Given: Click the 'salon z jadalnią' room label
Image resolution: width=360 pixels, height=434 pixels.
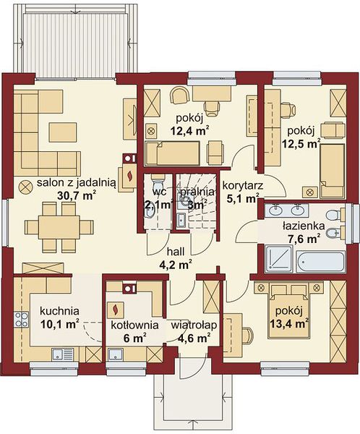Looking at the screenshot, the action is coord(77,183).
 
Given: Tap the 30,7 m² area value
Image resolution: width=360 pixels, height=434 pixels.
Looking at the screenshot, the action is coord(77,195).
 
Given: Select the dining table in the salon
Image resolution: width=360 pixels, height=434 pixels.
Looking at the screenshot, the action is coord(59,227).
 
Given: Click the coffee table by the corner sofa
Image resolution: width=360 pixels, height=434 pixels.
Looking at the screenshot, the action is coord(63,132).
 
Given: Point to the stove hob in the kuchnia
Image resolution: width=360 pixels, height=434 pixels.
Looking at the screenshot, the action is coord(22,320).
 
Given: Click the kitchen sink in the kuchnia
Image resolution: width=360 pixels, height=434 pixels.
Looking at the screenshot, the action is coord(63,354).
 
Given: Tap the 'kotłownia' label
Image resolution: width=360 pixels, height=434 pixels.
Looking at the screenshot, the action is coord(134,325).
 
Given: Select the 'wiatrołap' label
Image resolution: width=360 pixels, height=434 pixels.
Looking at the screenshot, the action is coord(194,325).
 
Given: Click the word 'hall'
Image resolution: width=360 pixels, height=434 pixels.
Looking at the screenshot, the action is coord(176,252).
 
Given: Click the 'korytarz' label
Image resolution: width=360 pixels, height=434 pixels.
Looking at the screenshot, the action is coord(243,185).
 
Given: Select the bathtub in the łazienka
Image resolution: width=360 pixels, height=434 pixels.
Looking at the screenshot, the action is coord(320,261).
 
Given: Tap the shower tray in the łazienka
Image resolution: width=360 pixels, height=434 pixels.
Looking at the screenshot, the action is coord(279,259).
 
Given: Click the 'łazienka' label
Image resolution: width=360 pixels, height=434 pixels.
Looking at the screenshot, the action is coord(304,226).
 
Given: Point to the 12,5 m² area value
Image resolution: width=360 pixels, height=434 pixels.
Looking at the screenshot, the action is coord(301,143).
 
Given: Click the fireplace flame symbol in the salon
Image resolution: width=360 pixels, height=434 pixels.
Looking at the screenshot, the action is coord(129,176).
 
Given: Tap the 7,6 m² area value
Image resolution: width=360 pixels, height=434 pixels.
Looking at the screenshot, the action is coord(304,238).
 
